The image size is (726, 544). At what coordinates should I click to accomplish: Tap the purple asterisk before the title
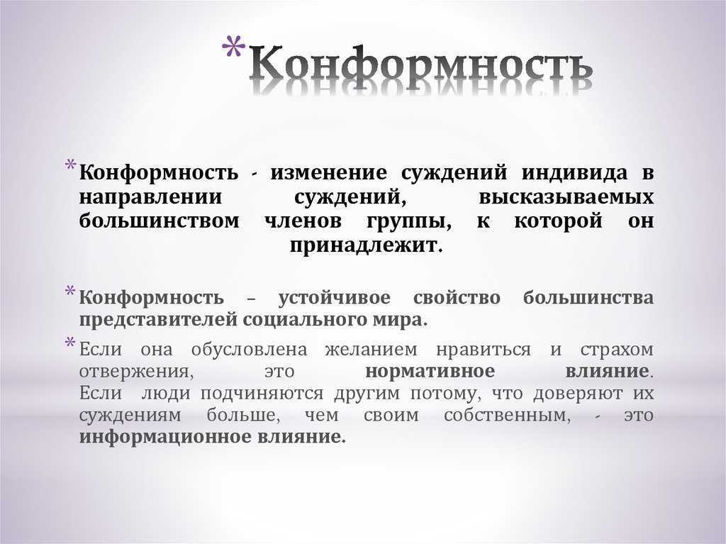coord(233,48)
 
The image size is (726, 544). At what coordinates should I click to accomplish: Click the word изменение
coord(329,173)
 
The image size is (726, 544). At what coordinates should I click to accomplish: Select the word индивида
coord(574,173)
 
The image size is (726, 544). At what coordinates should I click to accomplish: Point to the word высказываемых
coord(566,197)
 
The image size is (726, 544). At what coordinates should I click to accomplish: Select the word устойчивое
coord(335,298)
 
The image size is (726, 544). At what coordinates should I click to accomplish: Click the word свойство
coord(457,298)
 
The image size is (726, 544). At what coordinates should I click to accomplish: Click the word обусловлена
coord(249,350)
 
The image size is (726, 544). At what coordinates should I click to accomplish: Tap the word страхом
coord(617,350)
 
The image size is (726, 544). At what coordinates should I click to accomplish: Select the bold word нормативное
coord(430,371)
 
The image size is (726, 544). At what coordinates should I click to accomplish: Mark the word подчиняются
coord(262,394)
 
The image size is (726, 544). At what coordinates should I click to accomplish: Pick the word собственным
coord(507,415)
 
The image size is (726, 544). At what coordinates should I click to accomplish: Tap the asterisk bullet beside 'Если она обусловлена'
coord(70,343)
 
